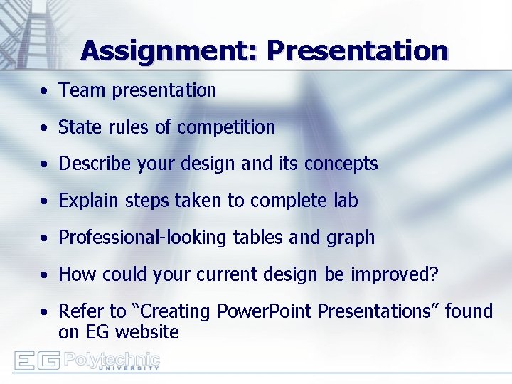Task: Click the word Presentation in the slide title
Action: pyautogui.click(x=358, y=51)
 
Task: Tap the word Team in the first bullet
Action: pyautogui.click(x=78, y=90)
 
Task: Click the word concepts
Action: pyautogui.click(x=341, y=164)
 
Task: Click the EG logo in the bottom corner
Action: pyautogui.click(x=37, y=361)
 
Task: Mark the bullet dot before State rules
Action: pyautogui.click(x=44, y=128)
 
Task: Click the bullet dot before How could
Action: pyautogui.click(x=44, y=275)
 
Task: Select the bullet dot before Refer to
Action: pyautogui.click(x=44, y=312)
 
